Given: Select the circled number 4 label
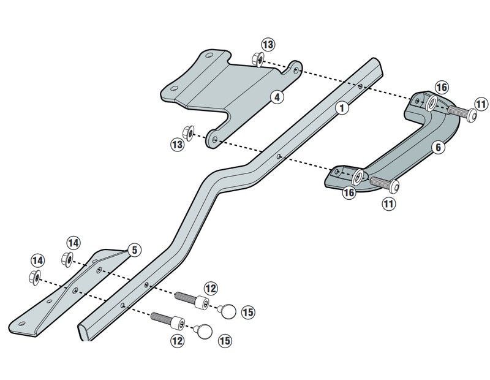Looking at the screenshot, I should [x=277, y=97].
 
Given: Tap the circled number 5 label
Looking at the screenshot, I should [x=135, y=249].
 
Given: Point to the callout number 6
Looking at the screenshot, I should [x=437, y=147].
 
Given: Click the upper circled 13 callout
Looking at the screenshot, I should [x=268, y=45].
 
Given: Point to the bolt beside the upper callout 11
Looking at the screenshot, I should [x=460, y=112].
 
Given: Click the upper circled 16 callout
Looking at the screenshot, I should [x=442, y=86].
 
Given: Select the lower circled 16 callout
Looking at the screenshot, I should [x=349, y=192].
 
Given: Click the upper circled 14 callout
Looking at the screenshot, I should [x=73, y=243].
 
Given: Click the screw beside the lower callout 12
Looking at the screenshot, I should [x=168, y=320].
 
